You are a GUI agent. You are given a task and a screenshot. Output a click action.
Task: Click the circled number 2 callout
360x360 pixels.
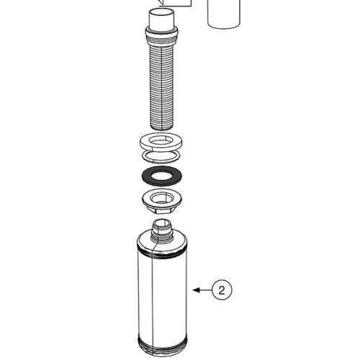tap(222, 290)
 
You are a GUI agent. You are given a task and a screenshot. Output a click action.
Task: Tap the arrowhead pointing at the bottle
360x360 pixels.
tap(197, 290)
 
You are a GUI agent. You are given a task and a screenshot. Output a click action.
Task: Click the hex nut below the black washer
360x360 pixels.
tap(161, 202)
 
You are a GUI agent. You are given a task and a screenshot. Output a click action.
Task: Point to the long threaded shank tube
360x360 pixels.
tap(161, 85)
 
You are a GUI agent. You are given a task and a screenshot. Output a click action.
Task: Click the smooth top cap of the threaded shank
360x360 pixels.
tap(161, 19)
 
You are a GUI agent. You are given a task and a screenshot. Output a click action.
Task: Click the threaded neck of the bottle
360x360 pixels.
tap(161, 231)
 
